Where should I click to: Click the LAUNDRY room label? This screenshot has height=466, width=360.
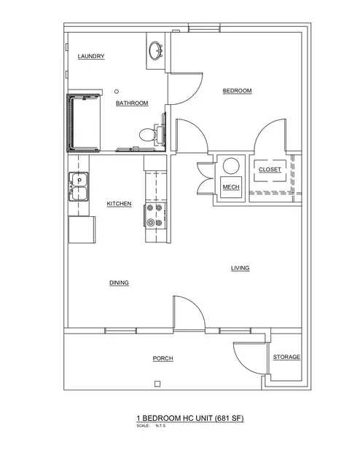[x=91, y=56]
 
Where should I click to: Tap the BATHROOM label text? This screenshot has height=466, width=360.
[x=132, y=103]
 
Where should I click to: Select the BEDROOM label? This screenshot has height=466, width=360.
[x=237, y=90]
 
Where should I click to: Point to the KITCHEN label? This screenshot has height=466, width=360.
[x=119, y=204]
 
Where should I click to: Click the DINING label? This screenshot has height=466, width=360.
[x=119, y=283]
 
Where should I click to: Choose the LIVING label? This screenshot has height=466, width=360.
[x=240, y=268]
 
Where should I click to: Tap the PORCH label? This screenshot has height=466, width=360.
[x=163, y=358]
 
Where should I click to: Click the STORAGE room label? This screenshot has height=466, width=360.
[x=286, y=357]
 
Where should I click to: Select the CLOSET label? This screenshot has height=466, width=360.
[x=270, y=170]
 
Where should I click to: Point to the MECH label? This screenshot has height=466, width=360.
[x=231, y=187]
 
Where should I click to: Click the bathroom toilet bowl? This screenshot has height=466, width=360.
[x=147, y=135]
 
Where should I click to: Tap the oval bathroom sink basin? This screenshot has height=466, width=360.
[x=155, y=50]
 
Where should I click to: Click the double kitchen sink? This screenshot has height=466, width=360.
[x=79, y=186]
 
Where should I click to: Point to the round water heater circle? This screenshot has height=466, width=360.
[x=231, y=166]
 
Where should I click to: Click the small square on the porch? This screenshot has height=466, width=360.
[x=157, y=384]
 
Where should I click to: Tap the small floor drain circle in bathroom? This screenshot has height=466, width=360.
[x=117, y=92]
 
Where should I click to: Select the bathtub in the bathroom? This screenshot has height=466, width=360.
[x=84, y=123]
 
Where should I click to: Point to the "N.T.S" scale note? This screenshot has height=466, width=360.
[x=160, y=425]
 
